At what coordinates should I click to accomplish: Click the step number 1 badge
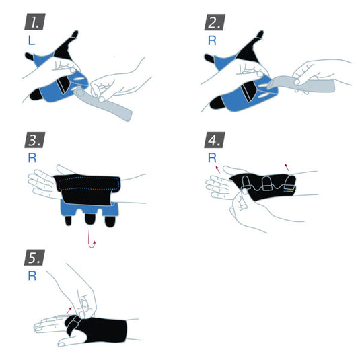point(33,22)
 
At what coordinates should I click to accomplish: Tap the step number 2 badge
point(216,22)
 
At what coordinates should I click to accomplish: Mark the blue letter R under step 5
point(31,276)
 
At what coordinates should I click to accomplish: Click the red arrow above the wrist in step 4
point(287,166)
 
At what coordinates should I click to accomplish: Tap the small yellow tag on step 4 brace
point(288,191)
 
